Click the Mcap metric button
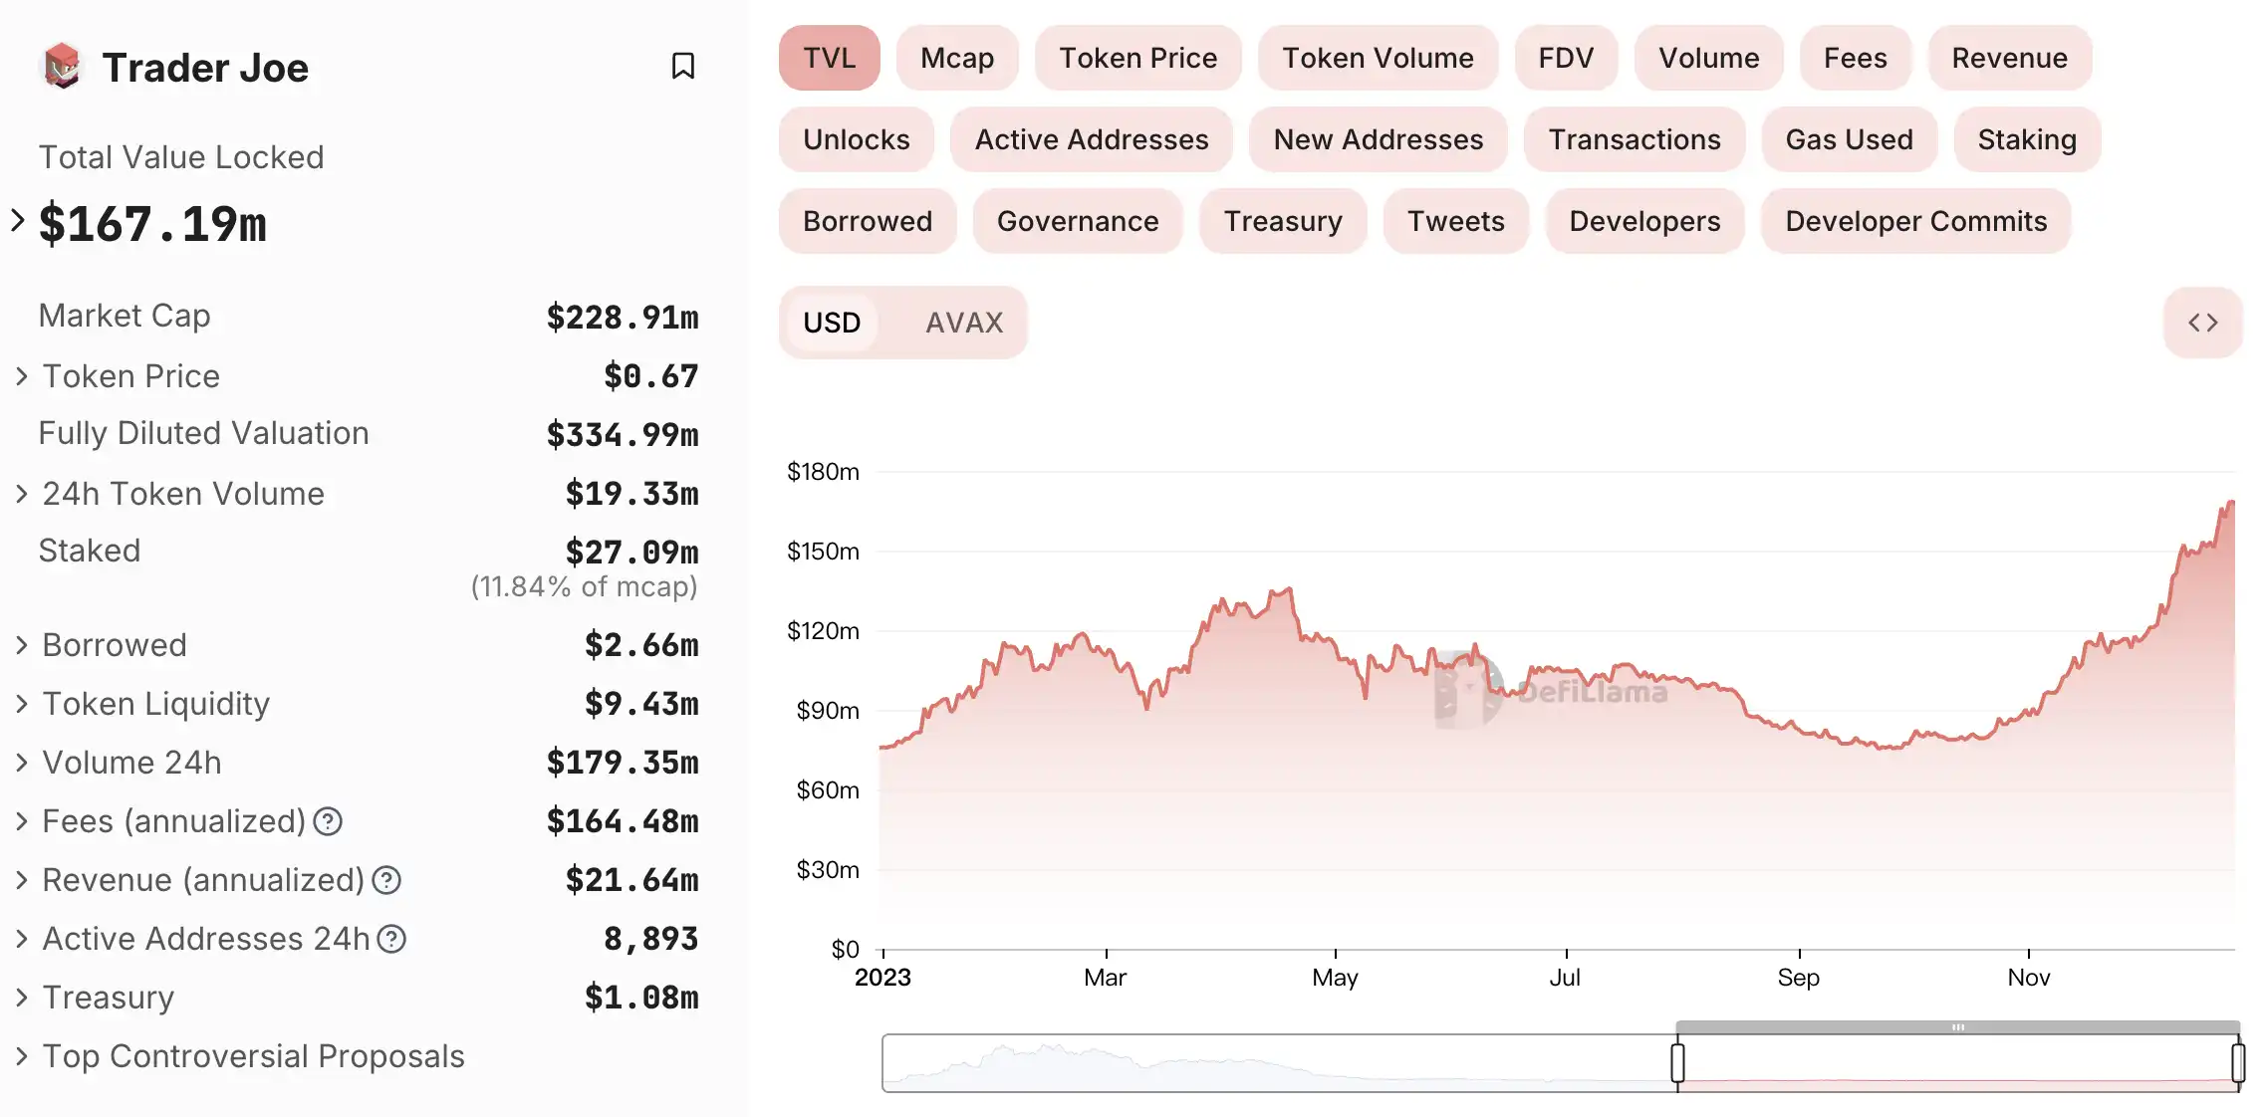tap(956, 58)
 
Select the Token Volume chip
tap(1377, 58)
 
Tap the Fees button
tap(1854, 58)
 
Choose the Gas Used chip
tap(1848, 139)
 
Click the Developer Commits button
tap(1914, 221)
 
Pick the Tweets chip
tap(1454, 221)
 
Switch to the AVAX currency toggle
tap(963, 323)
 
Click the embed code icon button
tap(2201, 323)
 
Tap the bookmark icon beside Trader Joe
tap(682, 66)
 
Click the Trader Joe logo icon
tap(62, 66)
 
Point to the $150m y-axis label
tap(823, 552)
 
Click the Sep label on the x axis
tap(1798, 978)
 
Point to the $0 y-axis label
tap(845, 950)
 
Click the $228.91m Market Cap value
tap(622, 318)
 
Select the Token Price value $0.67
tap(649, 376)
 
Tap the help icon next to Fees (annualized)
tap(328, 821)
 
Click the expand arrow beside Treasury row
tap(21, 998)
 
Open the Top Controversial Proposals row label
tap(253, 1056)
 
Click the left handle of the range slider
tap(1677, 1062)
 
